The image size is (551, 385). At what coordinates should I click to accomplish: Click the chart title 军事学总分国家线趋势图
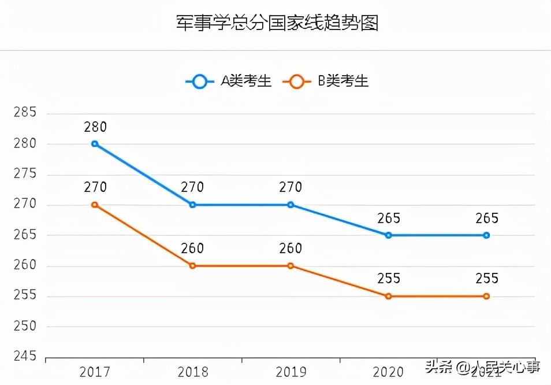pos(277,24)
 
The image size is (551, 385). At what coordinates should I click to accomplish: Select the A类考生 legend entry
pos(229,82)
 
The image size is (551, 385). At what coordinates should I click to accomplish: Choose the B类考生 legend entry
pos(326,82)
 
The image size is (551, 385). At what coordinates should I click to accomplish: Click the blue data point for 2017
pos(95,144)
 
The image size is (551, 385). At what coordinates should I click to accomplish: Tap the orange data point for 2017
pos(95,205)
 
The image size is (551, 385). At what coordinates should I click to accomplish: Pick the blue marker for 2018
pos(192,205)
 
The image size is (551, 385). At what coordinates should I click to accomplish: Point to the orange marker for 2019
pos(291,266)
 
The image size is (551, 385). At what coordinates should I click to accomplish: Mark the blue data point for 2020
pos(389,235)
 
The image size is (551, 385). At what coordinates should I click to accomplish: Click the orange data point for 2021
pos(486,296)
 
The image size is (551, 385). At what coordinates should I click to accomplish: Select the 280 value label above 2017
pos(95,127)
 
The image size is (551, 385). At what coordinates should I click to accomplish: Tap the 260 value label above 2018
pos(192,249)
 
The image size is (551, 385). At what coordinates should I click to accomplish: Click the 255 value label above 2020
pos(389,279)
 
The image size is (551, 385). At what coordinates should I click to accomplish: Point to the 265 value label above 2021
pos(486,219)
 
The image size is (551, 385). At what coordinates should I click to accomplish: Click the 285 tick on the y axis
pos(24,113)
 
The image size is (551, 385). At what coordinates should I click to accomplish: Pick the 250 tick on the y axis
pos(24,327)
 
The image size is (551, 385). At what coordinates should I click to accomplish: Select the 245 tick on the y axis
pos(24,357)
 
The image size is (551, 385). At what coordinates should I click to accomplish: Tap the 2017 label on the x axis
pos(95,371)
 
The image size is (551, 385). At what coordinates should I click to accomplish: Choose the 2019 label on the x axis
pos(291,371)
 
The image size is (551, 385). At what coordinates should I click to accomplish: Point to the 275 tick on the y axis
pos(24,174)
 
